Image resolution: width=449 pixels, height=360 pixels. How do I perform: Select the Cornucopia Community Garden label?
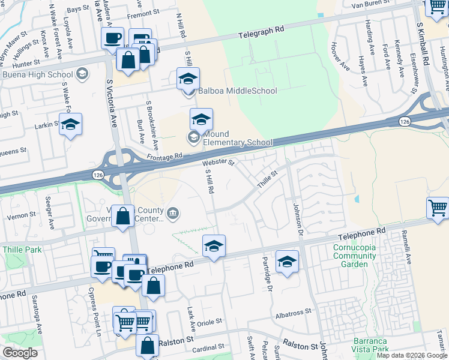[x=355, y=251]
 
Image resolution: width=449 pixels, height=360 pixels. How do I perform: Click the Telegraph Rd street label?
[x=262, y=29]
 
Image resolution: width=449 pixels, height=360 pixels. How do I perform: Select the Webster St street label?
[x=217, y=161]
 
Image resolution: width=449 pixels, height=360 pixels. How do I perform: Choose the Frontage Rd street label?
[x=163, y=157]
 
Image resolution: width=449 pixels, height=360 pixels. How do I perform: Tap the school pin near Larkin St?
[x=71, y=124]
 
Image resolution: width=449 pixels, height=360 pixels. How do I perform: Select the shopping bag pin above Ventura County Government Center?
[x=123, y=216]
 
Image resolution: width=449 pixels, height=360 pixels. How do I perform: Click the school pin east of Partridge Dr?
[x=288, y=261]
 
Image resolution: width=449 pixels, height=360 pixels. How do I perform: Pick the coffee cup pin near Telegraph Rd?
[x=112, y=38]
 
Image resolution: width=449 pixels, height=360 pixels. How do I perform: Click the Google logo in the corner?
[x=20, y=353]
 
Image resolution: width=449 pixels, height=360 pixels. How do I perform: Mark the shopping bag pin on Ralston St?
[x=147, y=345]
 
